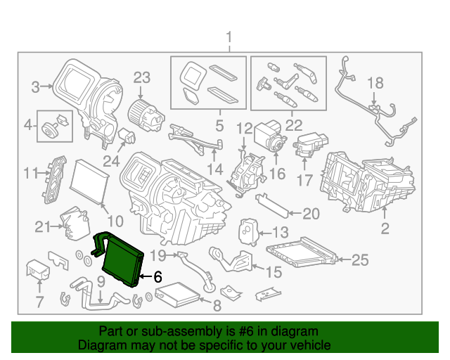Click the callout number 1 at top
[x=229, y=37]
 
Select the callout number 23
[x=143, y=77]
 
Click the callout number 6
[x=157, y=276]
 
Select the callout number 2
[x=385, y=227]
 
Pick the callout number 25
[x=359, y=260]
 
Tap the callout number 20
[x=310, y=214]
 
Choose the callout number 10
[x=115, y=221]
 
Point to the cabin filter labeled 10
[x=90, y=179]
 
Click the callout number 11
[x=30, y=172]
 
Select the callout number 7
[x=39, y=303]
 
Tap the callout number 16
[x=277, y=173]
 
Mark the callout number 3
[x=34, y=87]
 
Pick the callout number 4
[x=28, y=126]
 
